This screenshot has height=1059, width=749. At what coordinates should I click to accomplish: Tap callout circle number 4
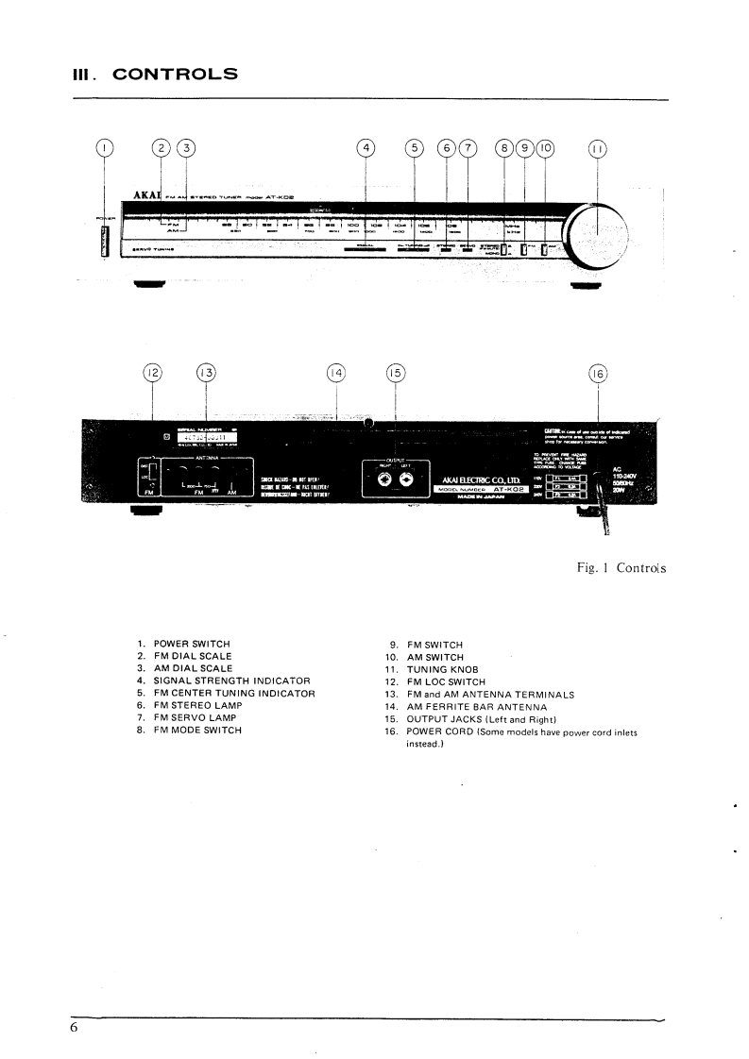(366, 147)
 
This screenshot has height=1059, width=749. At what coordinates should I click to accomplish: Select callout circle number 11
(597, 148)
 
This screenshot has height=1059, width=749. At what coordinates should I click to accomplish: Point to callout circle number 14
(336, 373)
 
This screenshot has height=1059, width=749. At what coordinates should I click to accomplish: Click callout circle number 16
(597, 373)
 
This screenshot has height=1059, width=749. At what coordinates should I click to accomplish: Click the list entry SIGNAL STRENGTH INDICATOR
(232, 680)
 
